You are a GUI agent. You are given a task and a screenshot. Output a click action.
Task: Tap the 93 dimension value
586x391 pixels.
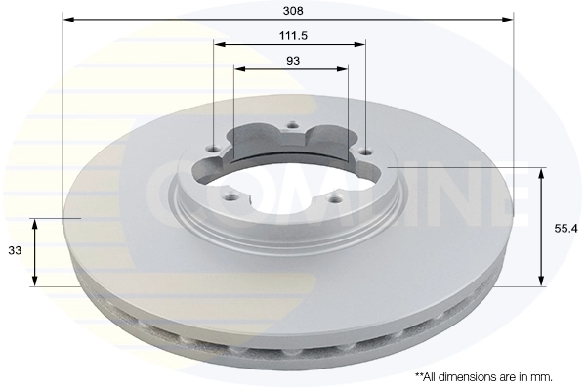click(292, 60)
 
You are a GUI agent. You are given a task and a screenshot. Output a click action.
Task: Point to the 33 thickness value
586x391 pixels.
click(15, 251)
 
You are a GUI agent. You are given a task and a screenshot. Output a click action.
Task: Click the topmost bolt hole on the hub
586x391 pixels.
click(290, 124)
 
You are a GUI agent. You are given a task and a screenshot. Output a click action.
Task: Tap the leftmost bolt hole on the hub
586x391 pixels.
click(215, 149)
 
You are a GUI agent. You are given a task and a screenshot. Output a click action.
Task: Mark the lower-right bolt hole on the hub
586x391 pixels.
click(335, 198)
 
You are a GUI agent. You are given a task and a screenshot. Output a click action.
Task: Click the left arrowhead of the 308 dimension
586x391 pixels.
click(67, 19)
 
